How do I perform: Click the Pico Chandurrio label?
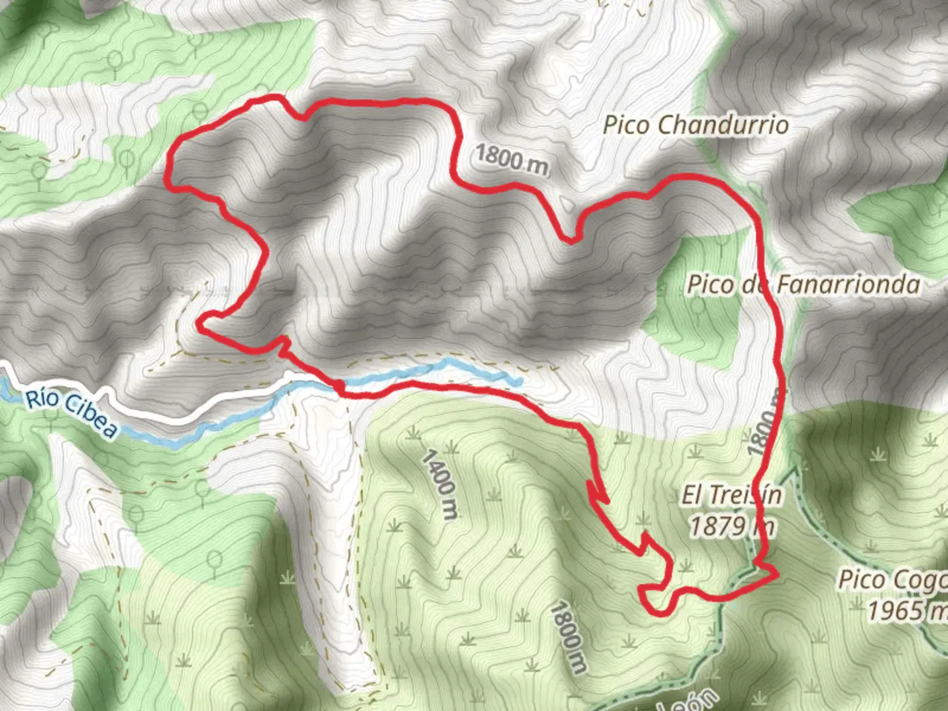tap(696, 124)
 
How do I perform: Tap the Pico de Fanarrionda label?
tap(803, 284)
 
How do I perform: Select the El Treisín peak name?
tap(731, 495)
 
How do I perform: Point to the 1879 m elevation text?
tap(731, 526)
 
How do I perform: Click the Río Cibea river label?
tap(72, 413)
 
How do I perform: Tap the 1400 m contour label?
tap(440, 484)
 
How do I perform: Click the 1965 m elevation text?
tap(905, 610)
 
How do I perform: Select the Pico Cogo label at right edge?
tap(892, 580)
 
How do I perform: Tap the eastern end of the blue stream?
tap(519, 381)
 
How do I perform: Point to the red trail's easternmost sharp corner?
tap(777, 574)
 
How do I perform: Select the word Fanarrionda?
tap(849, 284)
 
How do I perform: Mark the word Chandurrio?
tap(723, 124)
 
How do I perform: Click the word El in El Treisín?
tap(691, 495)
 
